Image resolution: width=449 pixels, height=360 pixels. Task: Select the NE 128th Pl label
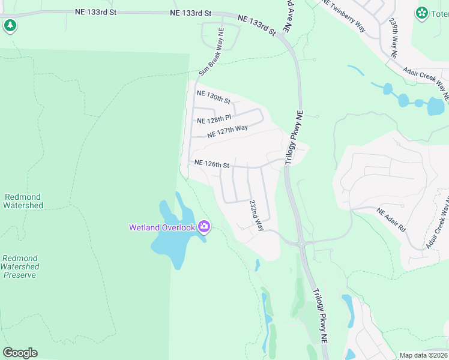point(214,120)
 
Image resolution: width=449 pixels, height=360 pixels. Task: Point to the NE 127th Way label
point(228,131)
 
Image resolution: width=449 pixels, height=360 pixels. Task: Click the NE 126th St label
point(211,163)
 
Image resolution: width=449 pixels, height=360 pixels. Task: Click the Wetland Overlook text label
point(162,227)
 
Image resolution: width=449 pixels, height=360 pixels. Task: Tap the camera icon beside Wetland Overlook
point(204,226)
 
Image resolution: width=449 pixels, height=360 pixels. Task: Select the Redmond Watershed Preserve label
point(20,266)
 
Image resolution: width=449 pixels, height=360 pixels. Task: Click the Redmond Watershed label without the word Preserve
point(23,201)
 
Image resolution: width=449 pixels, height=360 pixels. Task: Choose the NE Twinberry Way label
point(343,14)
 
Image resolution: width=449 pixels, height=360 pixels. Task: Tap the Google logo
point(20,353)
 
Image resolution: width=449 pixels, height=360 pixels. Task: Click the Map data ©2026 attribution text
point(424,355)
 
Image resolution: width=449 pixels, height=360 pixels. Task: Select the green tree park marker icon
point(10,25)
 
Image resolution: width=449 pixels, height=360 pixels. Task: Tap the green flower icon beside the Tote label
point(422,12)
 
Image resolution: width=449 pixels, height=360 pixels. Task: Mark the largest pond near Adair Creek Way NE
point(435,107)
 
